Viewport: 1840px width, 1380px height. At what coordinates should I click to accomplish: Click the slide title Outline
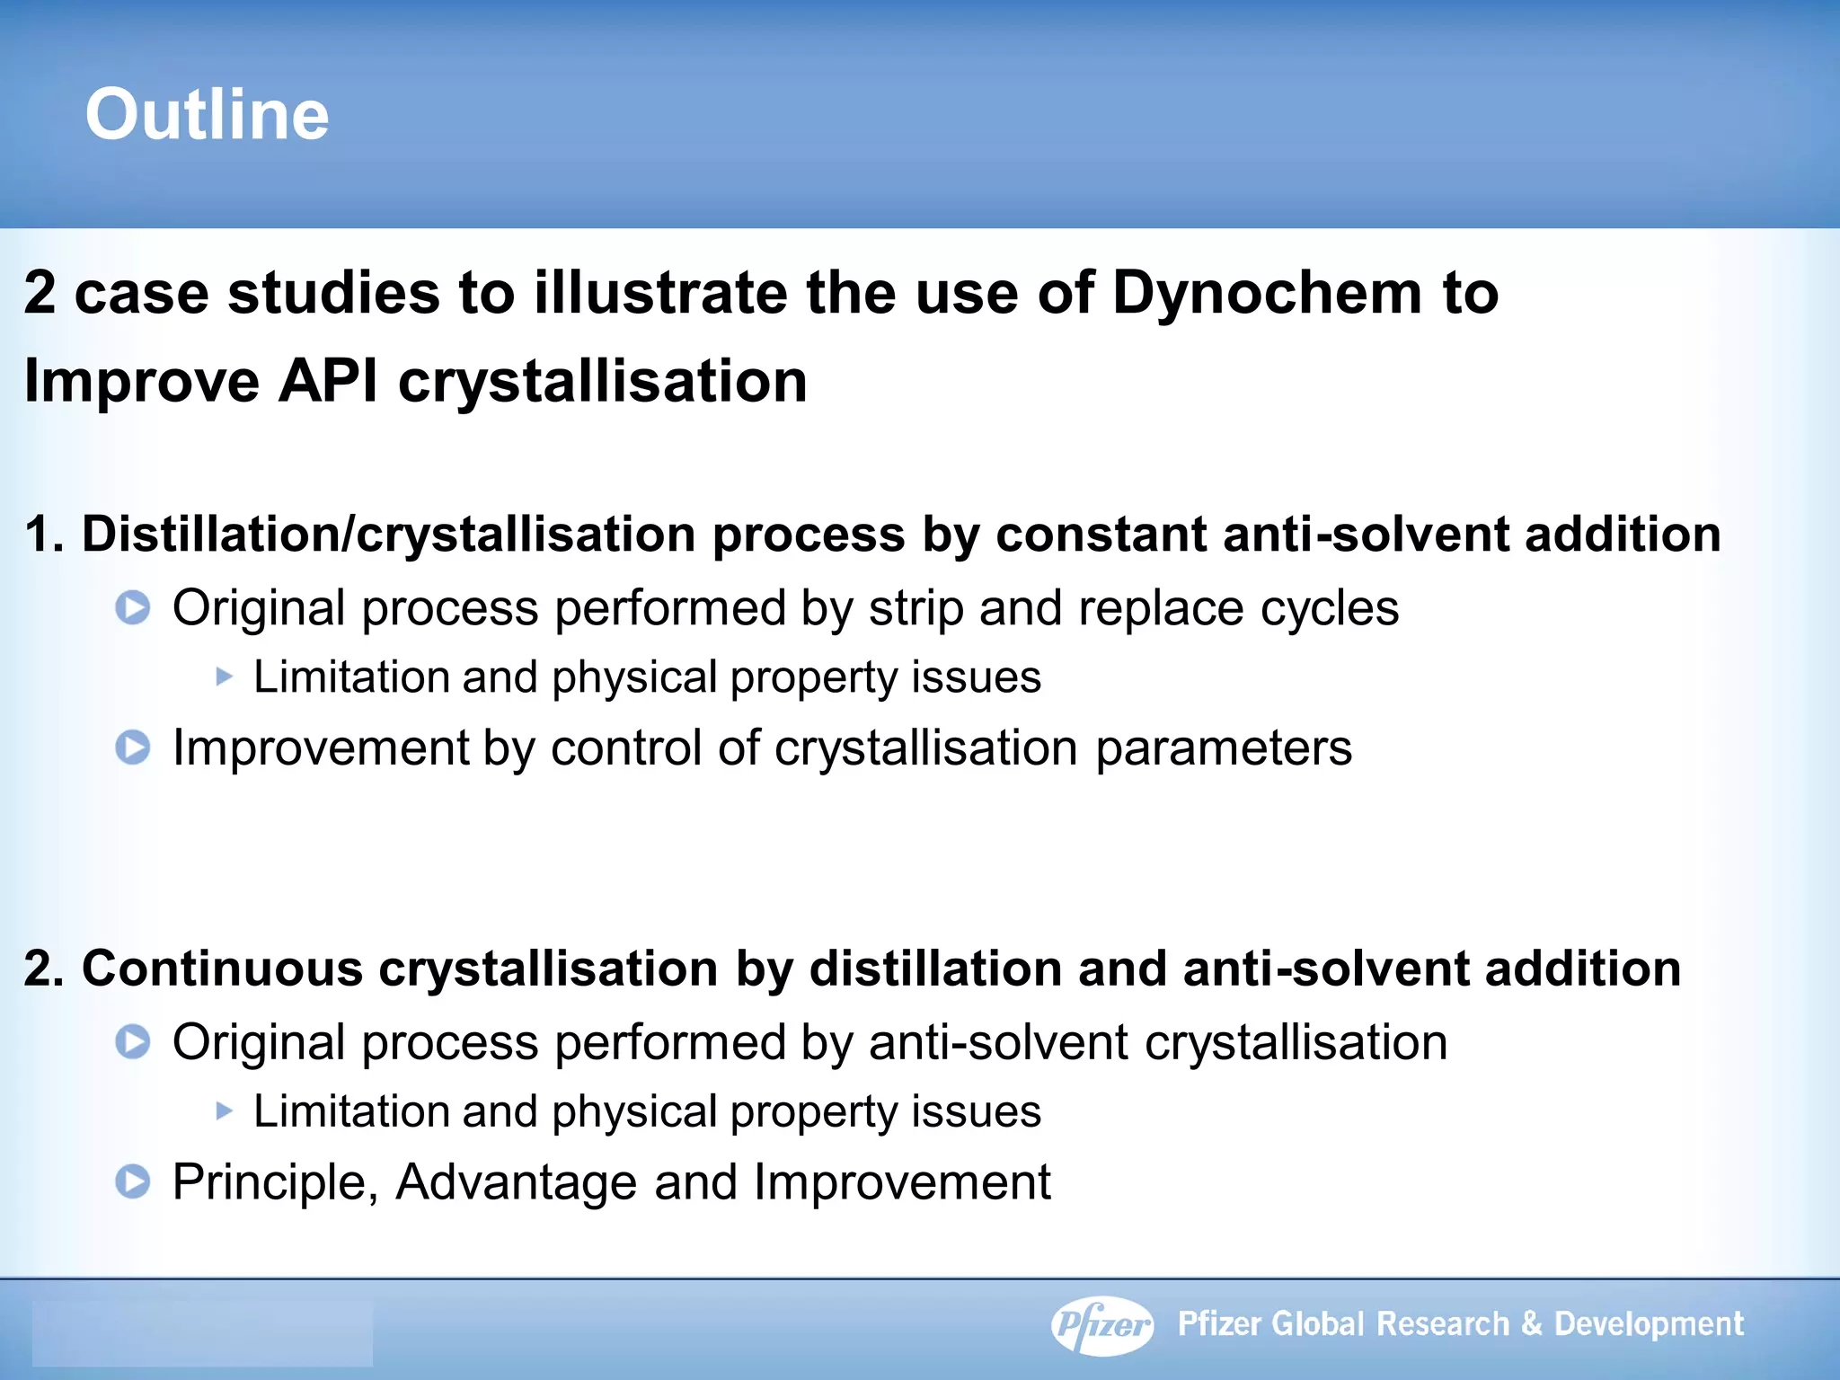point(207,114)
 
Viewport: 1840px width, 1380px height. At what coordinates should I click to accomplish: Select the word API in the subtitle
point(328,380)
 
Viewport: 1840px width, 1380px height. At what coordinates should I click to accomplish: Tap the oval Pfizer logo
point(1102,1324)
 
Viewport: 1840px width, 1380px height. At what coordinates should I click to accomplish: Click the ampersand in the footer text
point(1532,1324)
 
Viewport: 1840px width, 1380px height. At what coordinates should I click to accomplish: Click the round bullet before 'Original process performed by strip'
point(133,608)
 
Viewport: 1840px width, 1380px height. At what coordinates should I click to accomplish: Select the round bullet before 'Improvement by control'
point(133,747)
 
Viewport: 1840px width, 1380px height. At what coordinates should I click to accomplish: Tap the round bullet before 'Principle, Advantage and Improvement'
point(133,1181)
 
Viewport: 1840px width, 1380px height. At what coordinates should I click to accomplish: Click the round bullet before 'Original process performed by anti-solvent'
point(133,1042)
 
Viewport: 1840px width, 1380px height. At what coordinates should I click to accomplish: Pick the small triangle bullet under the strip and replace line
point(224,677)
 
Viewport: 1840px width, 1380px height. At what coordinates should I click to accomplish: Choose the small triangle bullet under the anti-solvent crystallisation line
point(224,1111)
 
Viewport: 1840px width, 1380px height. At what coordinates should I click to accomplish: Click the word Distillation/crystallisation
point(388,535)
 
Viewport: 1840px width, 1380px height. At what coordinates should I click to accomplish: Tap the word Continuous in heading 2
point(222,969)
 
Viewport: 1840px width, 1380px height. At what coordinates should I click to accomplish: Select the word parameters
point(1223,747)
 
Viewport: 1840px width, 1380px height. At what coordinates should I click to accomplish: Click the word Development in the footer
point(1649,1324)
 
